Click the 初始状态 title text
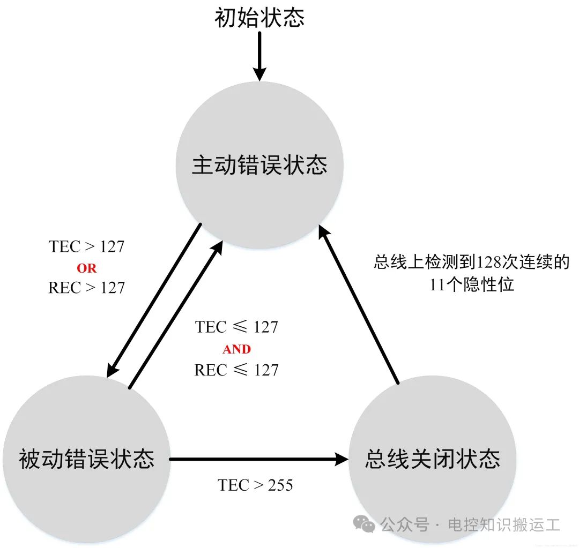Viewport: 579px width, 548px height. pyautogui.click(x=259, y=17)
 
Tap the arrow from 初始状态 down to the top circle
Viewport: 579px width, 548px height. pyautogui.click(x=259, y=56)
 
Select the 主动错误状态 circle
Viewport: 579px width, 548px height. pyautogui.click(x=259, y=165)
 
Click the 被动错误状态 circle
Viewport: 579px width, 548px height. pyautogui.click(x=86, y=459)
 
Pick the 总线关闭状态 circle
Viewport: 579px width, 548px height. pyautogui.click(x=433, y=459)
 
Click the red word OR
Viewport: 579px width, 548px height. pyautogui.click(x=87, y=268)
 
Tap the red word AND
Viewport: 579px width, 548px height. pyautogui.click(x=237, y=349)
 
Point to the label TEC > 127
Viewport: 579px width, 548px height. pyautogui.click(x=87, y=246)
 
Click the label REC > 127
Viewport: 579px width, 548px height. pyautogui.click(x=87, y=288)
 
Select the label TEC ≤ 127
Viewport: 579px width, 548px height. pyautogui.click(x=236, y=327)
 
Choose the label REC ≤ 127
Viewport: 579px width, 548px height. pyautogui.click(x=236, y=370)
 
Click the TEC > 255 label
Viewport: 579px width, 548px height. pyautogui.click(x=255, y=485)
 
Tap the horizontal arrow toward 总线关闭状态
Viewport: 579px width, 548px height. pyautogui.click(x=259, y=459)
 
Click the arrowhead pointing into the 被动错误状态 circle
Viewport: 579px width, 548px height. pyautogui.click(x=112, y=369)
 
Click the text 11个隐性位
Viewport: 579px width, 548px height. pyautogui.click(x=472, y=284)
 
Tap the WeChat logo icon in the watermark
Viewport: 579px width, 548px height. pyautogui.click(x=364, y=524)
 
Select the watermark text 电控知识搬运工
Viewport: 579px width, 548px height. pyautogui.click(x=504, y=524)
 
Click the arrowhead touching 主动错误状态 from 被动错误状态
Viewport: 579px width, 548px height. pyautogui.click(x=217, y=249)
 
